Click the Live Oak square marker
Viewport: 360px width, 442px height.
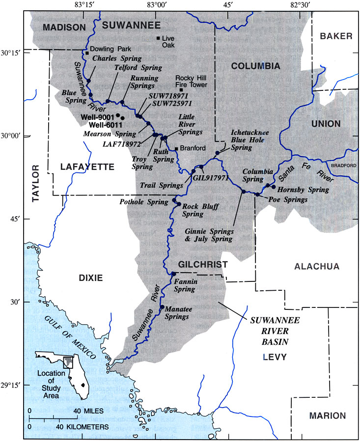158,38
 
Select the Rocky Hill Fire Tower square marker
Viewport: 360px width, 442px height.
181,90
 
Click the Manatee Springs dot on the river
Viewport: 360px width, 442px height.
163,307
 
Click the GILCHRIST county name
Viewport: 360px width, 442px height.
202,265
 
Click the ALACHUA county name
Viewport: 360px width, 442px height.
316,266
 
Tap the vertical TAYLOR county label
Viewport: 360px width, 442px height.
35,184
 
